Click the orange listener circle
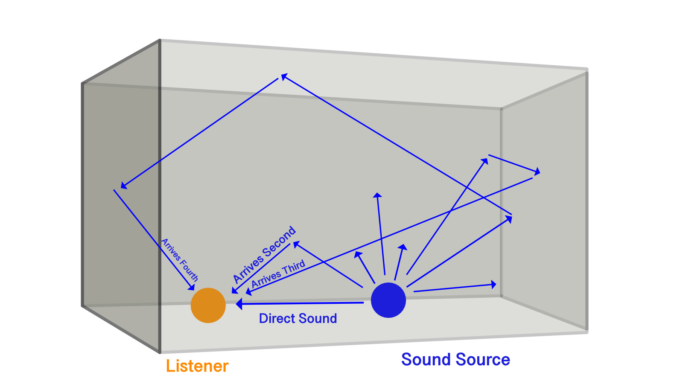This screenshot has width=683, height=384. pos(208,305)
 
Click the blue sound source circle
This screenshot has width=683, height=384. pos(388,300)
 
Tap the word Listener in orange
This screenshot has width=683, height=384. pos(197,366)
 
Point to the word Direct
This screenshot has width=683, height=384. pos(276,318)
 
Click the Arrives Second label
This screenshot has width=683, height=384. pos(264,254)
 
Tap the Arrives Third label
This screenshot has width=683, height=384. pos(278,273)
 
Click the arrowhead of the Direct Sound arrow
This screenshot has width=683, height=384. pos(239,304)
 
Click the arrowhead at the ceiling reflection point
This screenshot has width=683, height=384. pos(283,76)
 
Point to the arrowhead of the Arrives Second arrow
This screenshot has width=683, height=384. pos(234,291)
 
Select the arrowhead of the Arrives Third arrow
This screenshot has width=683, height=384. pos(248,292)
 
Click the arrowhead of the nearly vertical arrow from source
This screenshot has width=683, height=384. pos(377,195)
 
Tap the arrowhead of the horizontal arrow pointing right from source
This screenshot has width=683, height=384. pos(493,284)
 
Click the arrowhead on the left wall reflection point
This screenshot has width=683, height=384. pos(123,186)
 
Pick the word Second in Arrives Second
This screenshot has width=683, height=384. pos(279,241)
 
